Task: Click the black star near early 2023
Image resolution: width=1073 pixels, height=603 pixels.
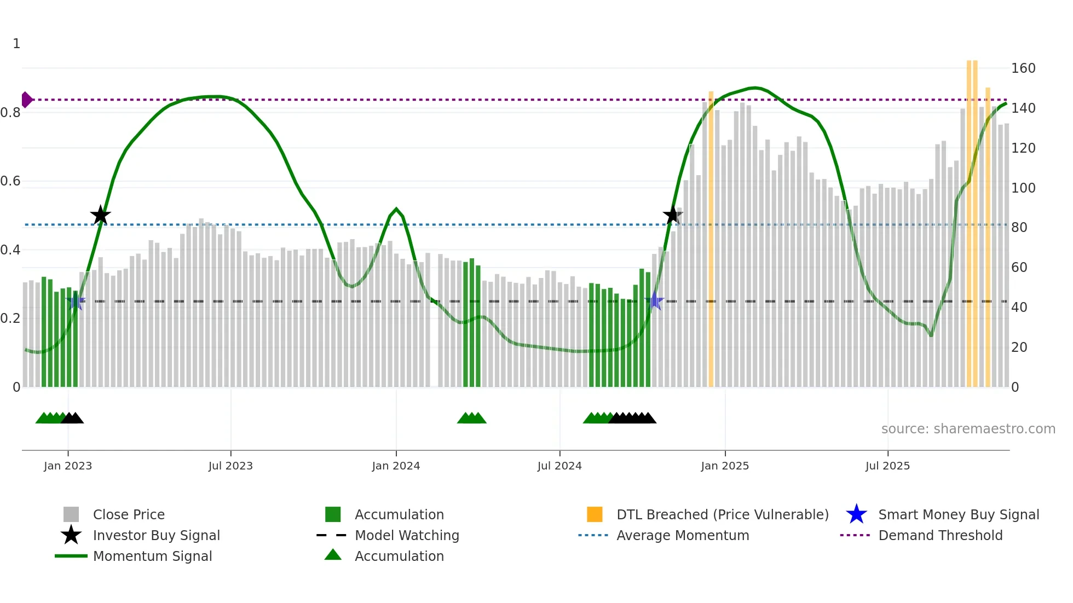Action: click(x=100, y=215)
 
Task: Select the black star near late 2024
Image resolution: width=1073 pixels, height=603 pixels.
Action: click(x=672, y=215)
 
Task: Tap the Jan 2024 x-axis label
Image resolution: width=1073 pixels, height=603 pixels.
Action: click(x=396, y=466)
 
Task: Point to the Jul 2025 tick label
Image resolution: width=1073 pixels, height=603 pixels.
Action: click(x=887, y=466)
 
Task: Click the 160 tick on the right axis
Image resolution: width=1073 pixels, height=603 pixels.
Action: click(x=1023, y=68)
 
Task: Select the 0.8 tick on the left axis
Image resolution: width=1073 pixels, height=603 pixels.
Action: click(x=10, y=113)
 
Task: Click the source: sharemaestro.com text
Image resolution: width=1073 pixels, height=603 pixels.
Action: click(x=968, y=429)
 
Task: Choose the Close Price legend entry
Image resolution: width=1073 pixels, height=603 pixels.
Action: click(x=129, y=514)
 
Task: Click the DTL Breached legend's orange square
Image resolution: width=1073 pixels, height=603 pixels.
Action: click(x=595, y=514)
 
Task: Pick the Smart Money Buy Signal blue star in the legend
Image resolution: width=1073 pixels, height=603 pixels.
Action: click(x=856, y=514)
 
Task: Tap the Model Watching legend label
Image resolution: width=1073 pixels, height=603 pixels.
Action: click(x=407, y=535)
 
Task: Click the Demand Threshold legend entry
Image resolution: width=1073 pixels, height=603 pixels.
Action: click(x=940, y=535)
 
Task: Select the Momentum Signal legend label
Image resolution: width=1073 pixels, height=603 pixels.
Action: click(x=152, y=556)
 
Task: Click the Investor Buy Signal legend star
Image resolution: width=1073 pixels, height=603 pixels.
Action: click(x=71, y=535)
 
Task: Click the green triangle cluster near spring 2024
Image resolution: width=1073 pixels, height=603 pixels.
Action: click(x=471, y=418)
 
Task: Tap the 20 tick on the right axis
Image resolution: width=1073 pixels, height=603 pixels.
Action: click(x=1019, y=347)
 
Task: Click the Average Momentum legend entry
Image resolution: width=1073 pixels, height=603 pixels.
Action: click(x=682, y=535)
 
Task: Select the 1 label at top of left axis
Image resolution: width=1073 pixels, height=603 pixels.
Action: click(x=16, y=44)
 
